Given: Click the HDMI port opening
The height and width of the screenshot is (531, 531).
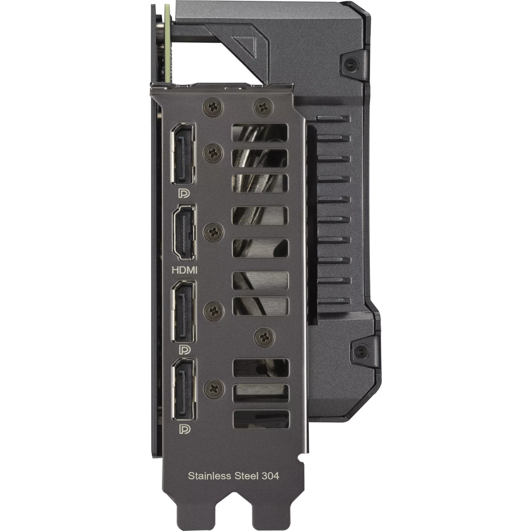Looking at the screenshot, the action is (x=184, y=233).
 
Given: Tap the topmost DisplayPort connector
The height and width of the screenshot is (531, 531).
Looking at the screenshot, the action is (x=183, y=153).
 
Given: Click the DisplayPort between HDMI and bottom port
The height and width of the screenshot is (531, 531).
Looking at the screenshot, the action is (x=184, y=312).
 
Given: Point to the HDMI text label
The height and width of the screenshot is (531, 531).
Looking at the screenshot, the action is (x=185, y=270).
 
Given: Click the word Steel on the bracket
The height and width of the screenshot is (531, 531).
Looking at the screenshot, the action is (x=245, y=476).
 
